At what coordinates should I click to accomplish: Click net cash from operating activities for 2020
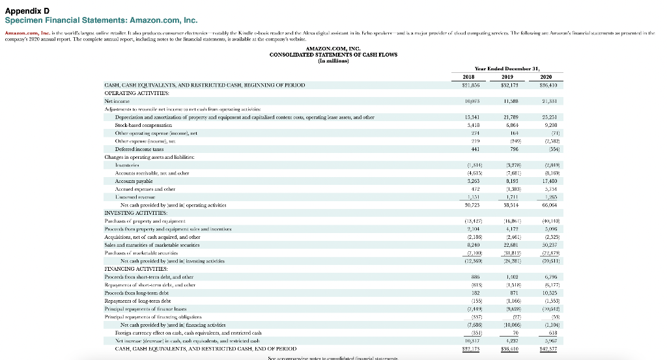coord(550,204)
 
